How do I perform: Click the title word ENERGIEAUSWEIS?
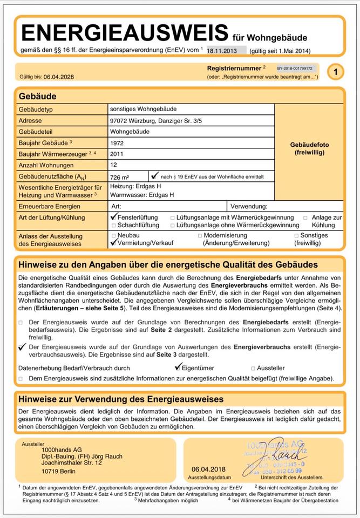[124, 33]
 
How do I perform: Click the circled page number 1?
[335, 72]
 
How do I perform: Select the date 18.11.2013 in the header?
[222, 50]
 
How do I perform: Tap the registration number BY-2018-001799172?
[295, 69]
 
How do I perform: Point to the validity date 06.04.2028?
[59, 77]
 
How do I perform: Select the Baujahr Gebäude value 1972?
[117, 144]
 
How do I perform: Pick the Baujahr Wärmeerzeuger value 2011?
[117, 154]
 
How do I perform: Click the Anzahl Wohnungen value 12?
[113, 165]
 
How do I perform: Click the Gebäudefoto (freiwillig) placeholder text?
[309, 149]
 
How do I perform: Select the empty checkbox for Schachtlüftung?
[113, 225]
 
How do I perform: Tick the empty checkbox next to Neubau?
[113, 236]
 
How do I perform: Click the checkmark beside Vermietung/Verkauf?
[113, 243]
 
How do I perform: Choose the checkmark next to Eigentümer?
[179, 367]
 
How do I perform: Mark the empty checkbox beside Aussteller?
[253, 369]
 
